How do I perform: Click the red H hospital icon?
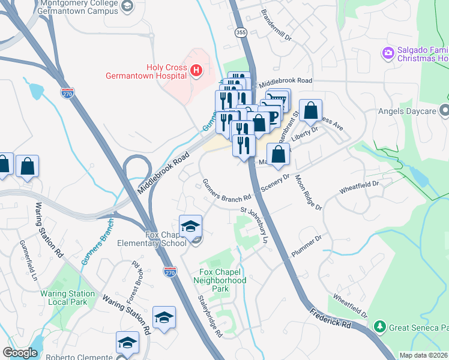[196, 71]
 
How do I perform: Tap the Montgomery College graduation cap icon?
[126, 6]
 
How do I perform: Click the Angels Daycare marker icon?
[444, 110]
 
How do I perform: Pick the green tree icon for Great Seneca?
[379, 327]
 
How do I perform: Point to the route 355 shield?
[241, 32]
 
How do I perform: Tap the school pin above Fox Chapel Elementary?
[190, 226]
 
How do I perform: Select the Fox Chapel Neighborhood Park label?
[222, 280]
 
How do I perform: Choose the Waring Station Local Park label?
[67, 298]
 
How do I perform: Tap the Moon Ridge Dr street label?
[309, 193]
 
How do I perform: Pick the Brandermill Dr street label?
[276, 28]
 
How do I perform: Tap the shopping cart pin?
[278, 98]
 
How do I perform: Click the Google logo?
[20, 353]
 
